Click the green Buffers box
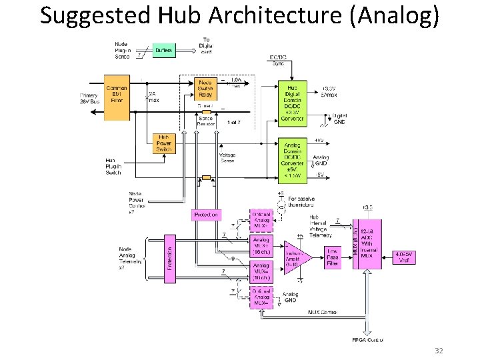click(163, 49)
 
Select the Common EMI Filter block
click(117, 97)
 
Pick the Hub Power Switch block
click(163, 143)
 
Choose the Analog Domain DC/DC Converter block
click(292, 159)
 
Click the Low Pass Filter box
click(332, 257)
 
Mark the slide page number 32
click(438, 351)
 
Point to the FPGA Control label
click(367, 340)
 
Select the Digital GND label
click(339, 119)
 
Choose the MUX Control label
click(323, 312)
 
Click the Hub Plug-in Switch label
click(114, 167)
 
